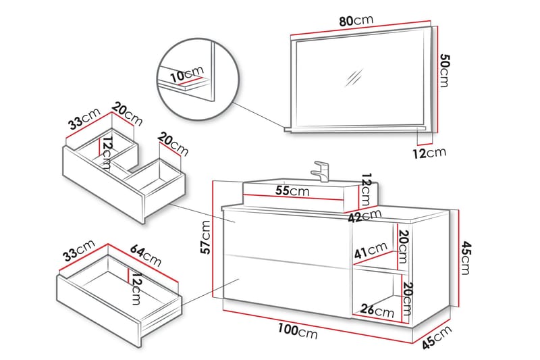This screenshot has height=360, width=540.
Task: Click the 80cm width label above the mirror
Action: coord(356,20)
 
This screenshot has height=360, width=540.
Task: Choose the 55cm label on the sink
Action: coord(292,191)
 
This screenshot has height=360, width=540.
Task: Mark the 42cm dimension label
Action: coord(366,217)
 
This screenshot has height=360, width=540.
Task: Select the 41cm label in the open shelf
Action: coord(370,254)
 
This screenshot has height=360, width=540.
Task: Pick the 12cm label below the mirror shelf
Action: coord(429,153)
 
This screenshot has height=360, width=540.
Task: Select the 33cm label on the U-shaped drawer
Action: coord(83,122)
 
